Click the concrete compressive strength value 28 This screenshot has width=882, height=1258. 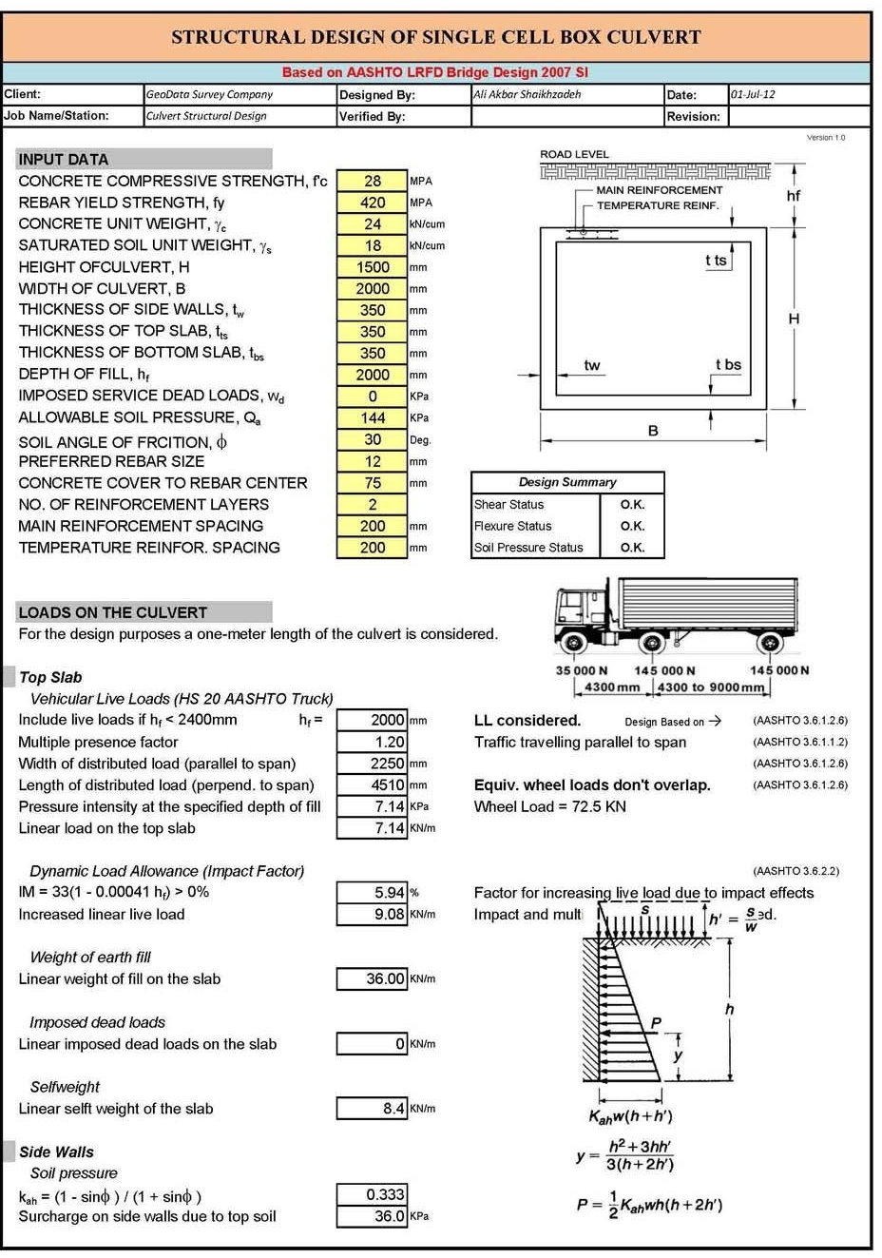(373, 181)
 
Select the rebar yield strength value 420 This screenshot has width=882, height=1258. (373, 203)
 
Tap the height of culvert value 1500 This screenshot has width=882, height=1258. (373, 267)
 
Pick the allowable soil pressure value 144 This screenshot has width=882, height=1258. (373, 417)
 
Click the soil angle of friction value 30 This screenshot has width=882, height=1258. (373, 439)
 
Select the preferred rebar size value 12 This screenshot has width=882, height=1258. (373, 461)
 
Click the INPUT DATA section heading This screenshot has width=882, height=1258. (64, 159)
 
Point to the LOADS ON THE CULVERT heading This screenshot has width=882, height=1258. (112, 612)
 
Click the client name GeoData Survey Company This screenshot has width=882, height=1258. (209, 94)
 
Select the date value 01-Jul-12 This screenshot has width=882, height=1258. (753, 94)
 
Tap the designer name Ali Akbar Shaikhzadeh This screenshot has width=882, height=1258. (527, 94)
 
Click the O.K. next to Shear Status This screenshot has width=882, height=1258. (632, 505)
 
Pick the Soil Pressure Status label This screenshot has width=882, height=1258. (528, 548)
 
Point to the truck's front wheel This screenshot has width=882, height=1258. (573, 642)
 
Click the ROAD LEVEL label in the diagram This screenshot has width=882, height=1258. (574, 154)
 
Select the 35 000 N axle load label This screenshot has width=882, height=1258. (581, 670)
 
